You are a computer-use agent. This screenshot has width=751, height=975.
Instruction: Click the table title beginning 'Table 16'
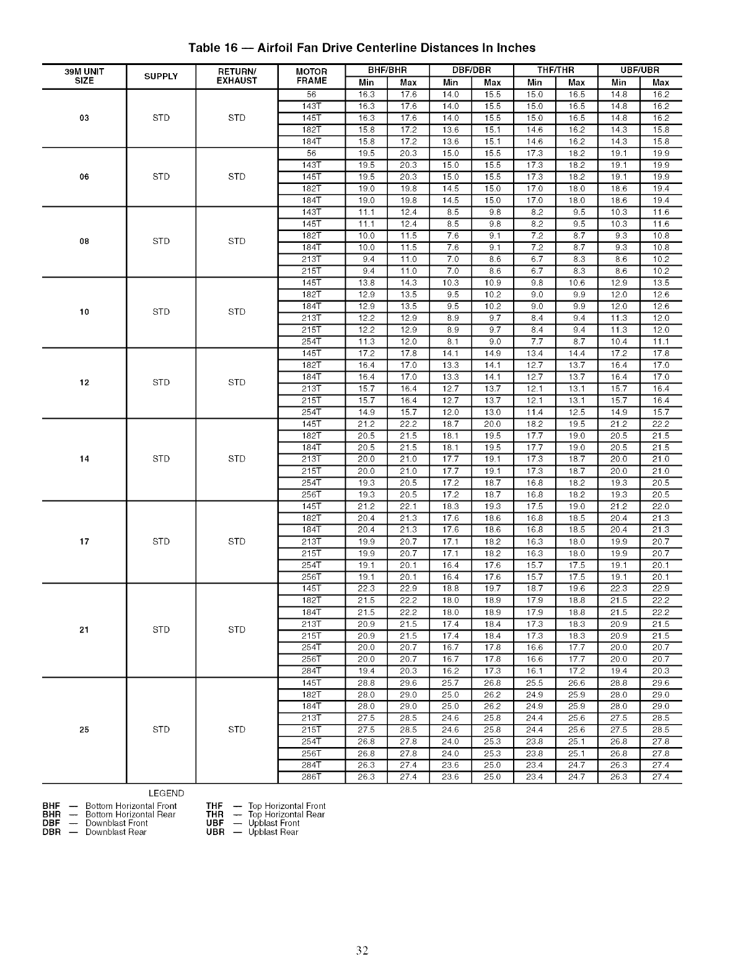[x=362, y=48]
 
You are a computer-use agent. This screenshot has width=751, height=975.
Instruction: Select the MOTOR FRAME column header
[x=311, y=76]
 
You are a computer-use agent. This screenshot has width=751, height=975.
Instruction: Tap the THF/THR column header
[x=555, y=70]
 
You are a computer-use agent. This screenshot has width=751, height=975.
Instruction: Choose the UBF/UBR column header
[x=639, y=70]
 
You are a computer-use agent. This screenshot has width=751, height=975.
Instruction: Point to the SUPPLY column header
[x=161, y=76]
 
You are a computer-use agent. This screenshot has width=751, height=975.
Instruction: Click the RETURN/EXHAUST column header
[x=237, y=76]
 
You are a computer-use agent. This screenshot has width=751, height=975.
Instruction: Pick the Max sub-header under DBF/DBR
[x=492, y=82]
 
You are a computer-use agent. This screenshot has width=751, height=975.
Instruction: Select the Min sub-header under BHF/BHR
[x=366, y=82]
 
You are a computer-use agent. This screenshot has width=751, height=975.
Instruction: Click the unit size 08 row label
[x=84, y=242]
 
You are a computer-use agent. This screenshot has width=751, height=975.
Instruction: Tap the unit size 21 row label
[x=84, y=630]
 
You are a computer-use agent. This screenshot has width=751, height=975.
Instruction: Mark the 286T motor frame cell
[x=311, y=777]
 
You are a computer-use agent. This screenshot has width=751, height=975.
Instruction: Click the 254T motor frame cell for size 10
[x=311, y=341]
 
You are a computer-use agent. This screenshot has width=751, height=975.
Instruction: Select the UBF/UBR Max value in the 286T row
[x=661, y=777]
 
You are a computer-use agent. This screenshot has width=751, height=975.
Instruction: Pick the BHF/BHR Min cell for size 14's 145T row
[x=366, y=424]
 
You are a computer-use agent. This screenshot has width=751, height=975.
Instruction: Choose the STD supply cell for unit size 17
[x=161, y=541]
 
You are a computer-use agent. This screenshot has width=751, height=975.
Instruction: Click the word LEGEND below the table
[x=167, y=794]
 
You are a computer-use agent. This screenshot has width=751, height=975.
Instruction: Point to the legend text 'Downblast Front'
[x=116, y=823]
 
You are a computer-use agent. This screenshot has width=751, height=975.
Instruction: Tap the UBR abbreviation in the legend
[x=214, y=832]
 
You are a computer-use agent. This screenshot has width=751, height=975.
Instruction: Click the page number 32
[x=362, y=951]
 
